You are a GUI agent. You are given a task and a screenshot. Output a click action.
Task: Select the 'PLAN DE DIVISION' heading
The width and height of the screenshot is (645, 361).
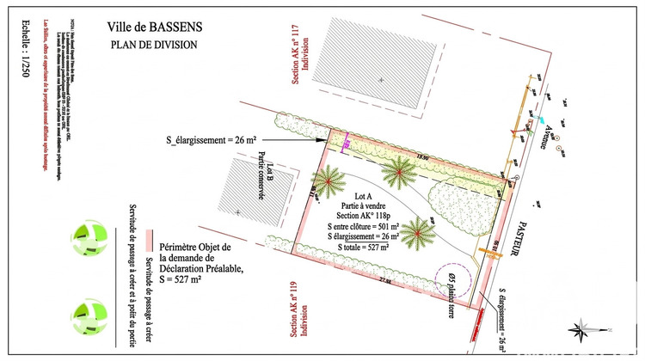pyautogui.click(x=155, y=45)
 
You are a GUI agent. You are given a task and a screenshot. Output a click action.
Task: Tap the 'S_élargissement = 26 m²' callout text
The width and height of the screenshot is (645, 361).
pyautogui.click(x=210, y=138)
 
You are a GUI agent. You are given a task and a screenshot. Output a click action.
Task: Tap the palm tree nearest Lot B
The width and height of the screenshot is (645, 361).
pyautogui.click(x=328, y=180)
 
